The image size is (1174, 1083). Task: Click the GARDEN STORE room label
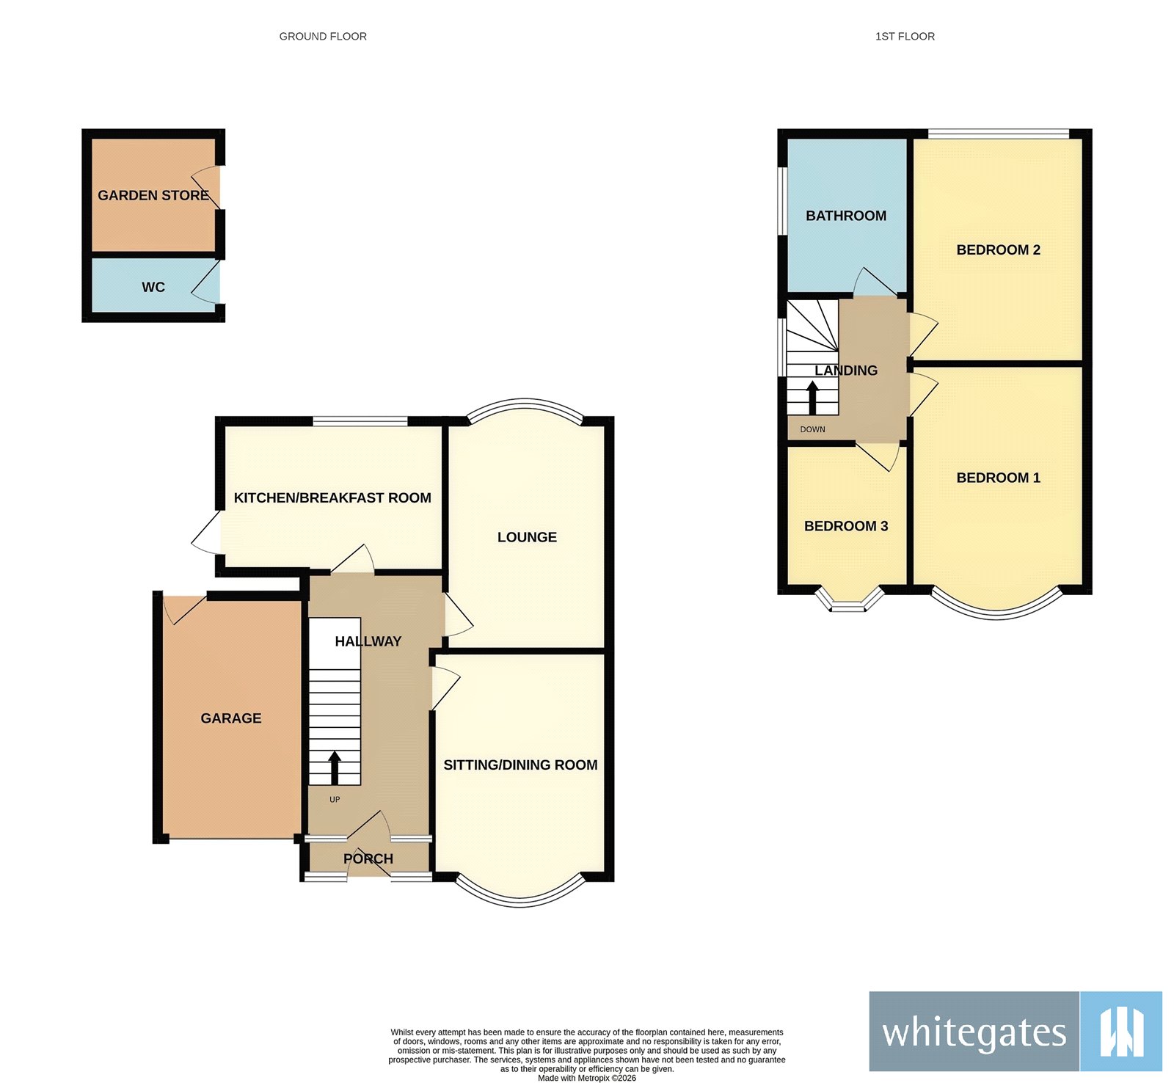[x=153, y=195]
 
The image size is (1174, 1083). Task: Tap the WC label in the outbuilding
[x=153, y=287]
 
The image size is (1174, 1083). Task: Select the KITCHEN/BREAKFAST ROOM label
[x=332, y=497]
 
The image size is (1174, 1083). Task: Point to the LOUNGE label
[x=527, y=537]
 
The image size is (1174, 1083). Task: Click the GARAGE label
[x=231, y=718]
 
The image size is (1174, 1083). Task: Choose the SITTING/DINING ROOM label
[x=520, y=765]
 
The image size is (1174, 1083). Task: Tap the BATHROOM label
[x=846, y=216]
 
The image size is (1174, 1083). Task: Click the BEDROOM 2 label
[x=998, y=249]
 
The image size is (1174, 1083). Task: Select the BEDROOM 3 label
[x=846, y=526]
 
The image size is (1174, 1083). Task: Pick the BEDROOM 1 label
[x=998, y=478]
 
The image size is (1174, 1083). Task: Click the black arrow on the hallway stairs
[x=335, y=767]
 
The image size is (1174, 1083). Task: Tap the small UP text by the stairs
[x=335, y=800]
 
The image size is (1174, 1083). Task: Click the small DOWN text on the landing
[x=812, y=429]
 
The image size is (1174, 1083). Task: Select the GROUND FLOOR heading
[x=323, y=36]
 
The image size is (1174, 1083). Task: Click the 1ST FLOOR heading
[x=905, y=36]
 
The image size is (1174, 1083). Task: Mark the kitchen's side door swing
[x=207, y=533]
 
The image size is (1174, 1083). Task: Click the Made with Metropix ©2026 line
[x=587, y=1078]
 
